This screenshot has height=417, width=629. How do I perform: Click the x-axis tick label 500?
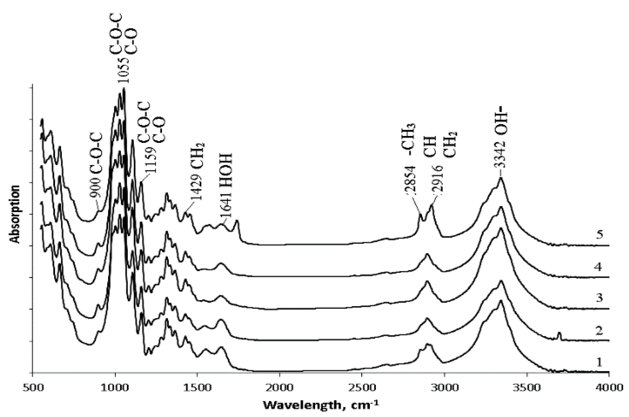pyautogui.click(x=33, y=387)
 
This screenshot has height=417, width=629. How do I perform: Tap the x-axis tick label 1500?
pyautogui.click(x=197, y=387)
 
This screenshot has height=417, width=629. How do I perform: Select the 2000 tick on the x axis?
pyautogui.click(x=279, y=387)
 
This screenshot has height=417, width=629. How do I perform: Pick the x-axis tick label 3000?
pyautogui.click(x=444, y=387)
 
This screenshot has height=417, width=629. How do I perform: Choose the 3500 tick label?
pyautogui.click(x=527, y=387)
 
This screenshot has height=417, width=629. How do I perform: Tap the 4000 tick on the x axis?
pyautogui.click(x=609, y=387)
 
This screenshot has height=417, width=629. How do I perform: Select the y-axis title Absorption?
pyautogui.click(x=15, y=214)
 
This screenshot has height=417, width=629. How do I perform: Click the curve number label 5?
pyautogui.click(x=599, y=235)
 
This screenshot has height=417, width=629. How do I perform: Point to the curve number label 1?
pyautogui.click(x=599, y=363)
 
